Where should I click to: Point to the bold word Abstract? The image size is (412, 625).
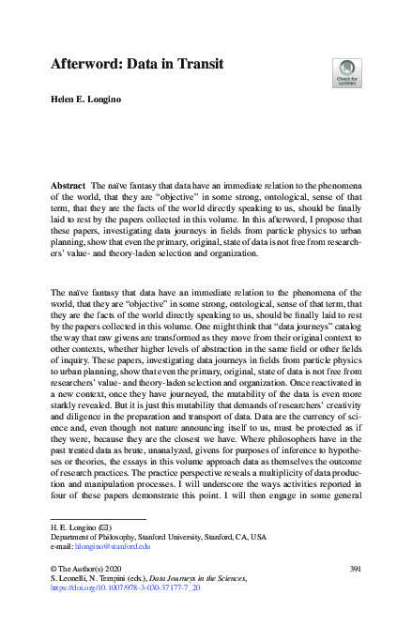pyautogui.click(x=68, y=188)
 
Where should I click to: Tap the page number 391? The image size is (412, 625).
pyautogui.click(x=356, y=570)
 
